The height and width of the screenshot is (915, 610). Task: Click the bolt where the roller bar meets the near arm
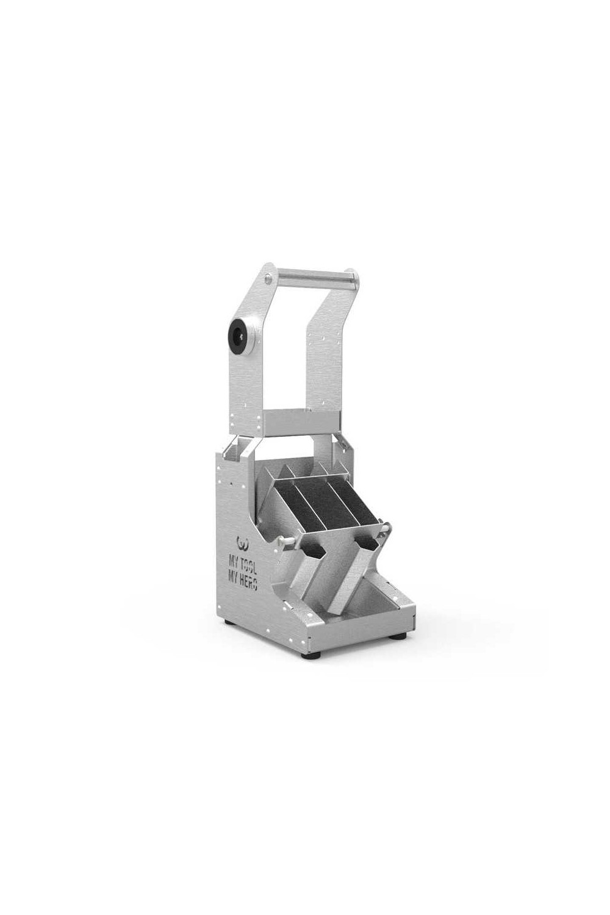click(x=267, y=279)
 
